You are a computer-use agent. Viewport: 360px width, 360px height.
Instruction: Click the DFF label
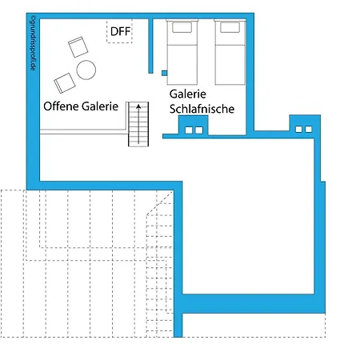tap(120, 31)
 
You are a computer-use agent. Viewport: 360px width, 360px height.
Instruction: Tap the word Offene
tap(61, 106)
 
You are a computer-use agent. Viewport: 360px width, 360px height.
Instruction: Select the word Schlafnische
tap(202, 109)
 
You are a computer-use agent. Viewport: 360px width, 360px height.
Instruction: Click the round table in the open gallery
tap(86, 70)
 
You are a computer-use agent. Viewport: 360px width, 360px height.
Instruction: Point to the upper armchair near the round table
tap(78, 47)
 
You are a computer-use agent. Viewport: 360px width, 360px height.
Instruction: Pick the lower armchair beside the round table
tap(65, 83)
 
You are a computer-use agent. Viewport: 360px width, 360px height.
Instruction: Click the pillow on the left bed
tap(182, 27)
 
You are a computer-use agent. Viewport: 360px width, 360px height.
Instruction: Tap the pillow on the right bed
tap(230, 27)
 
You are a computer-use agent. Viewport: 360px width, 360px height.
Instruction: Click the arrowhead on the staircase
tap(138, 106)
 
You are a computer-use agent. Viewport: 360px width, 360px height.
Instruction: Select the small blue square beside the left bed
tap(164, 73)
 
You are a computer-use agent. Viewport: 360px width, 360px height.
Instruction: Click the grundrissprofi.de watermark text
tap(33, 42)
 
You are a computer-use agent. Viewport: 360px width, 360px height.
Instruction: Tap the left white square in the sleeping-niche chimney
tap(189, 130)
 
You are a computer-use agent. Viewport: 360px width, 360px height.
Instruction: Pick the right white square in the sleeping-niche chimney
tap(199, 130)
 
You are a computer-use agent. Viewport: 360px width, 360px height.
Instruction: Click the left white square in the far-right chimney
tap(298, 130)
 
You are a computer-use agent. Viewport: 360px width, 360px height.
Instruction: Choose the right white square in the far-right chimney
tap(309, 130)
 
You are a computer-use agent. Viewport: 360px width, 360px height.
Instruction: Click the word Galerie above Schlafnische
tap(188, 94)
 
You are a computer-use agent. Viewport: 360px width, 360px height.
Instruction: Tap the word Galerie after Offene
tap(100, 106)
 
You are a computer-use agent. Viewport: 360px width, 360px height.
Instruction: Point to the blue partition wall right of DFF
tap(150, 46)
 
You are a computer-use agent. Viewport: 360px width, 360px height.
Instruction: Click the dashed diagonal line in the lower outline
tap(159, 202)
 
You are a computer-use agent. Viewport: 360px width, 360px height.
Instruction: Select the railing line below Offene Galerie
tap(83, 132)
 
